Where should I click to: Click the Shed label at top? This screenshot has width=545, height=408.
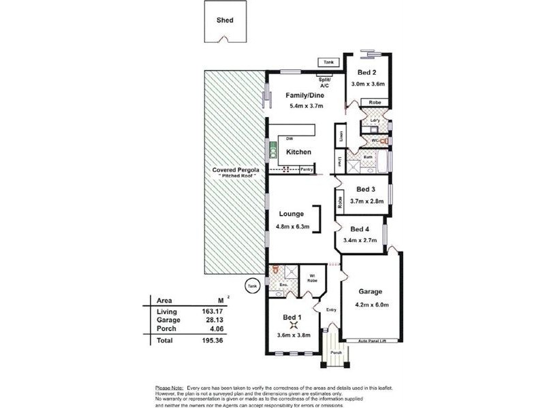225,20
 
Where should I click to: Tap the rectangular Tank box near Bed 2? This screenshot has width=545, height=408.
329,63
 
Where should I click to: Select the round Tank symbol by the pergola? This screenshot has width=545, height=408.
253,284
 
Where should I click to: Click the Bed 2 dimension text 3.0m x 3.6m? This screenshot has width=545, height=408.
368,84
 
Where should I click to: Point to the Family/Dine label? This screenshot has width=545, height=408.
303,95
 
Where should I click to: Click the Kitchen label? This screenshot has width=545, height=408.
298,152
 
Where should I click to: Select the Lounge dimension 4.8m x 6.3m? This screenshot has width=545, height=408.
293,226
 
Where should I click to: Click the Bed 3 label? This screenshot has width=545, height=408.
366,189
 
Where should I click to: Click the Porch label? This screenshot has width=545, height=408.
335,352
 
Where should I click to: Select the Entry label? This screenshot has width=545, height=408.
332,310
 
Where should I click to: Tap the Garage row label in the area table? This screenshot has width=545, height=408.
168,320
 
